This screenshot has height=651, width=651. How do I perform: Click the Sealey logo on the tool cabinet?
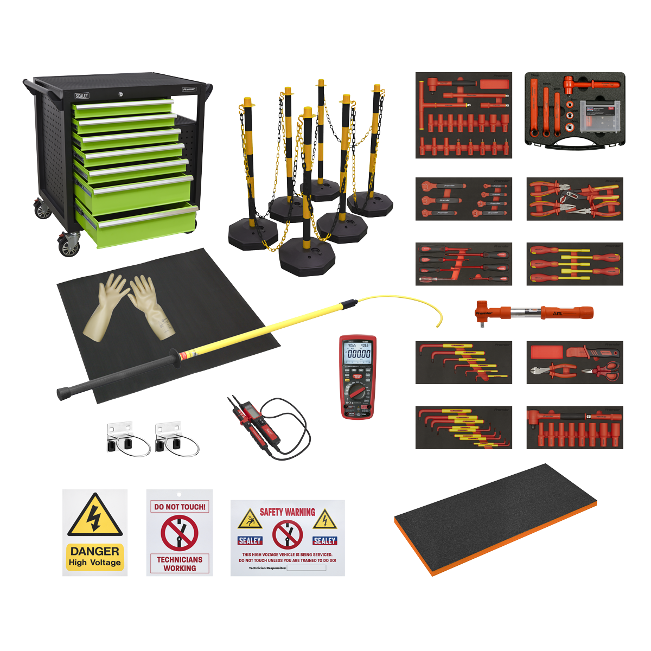tap(82, 96)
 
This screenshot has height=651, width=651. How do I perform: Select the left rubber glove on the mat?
tap(104, 307)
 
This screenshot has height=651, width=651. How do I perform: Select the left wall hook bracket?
tap(125, 439)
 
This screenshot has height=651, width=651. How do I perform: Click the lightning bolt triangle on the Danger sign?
tap(95, 516)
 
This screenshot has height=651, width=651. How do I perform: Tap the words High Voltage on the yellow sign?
tap(95, 563)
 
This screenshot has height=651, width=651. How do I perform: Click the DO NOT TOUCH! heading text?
tap(180, 507)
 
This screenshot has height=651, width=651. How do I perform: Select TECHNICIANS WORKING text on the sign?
tap(180, 564)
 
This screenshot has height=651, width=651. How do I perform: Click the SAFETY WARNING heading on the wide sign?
tap(287, 512)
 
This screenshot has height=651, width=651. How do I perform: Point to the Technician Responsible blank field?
tap(306, 568)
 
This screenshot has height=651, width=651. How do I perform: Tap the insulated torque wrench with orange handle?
tap(534, 313)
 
